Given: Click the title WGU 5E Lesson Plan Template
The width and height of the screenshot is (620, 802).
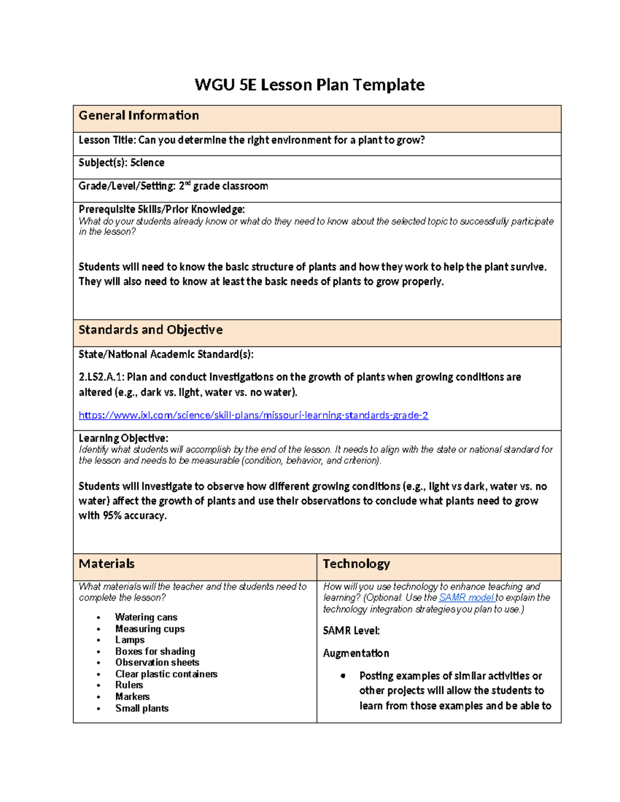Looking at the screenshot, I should click(309, 85).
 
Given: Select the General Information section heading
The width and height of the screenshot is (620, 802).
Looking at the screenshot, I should click(138, 116).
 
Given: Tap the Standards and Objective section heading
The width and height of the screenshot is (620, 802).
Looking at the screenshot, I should click(150, 330).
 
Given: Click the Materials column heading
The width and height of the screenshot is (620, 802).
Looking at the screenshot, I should click(106, 564).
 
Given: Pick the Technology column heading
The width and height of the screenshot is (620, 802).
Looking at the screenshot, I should click(356, 564).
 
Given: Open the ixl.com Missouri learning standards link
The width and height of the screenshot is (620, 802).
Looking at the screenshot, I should click(253, 415).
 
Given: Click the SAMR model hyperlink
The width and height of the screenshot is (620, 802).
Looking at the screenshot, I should click(466, 597).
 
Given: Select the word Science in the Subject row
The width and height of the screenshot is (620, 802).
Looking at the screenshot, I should click(147, 163).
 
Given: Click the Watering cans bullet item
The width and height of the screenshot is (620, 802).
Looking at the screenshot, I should click(146, 617).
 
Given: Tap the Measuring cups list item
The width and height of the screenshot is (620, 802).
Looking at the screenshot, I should click(150, 629).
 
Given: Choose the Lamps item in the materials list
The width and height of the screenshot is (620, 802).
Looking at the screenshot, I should click(130, 640).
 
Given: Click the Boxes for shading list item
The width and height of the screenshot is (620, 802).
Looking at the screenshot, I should click(155, 652).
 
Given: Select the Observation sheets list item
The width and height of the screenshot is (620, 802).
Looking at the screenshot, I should click(157, 663).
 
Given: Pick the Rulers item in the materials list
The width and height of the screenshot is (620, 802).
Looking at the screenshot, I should click(129, 685).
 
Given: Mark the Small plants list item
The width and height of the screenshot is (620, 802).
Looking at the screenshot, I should click(142, 709).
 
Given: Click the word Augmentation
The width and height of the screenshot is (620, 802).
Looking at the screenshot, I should click(356, 653).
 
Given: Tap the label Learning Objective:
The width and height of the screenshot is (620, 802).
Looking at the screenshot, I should click(123, 438).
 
